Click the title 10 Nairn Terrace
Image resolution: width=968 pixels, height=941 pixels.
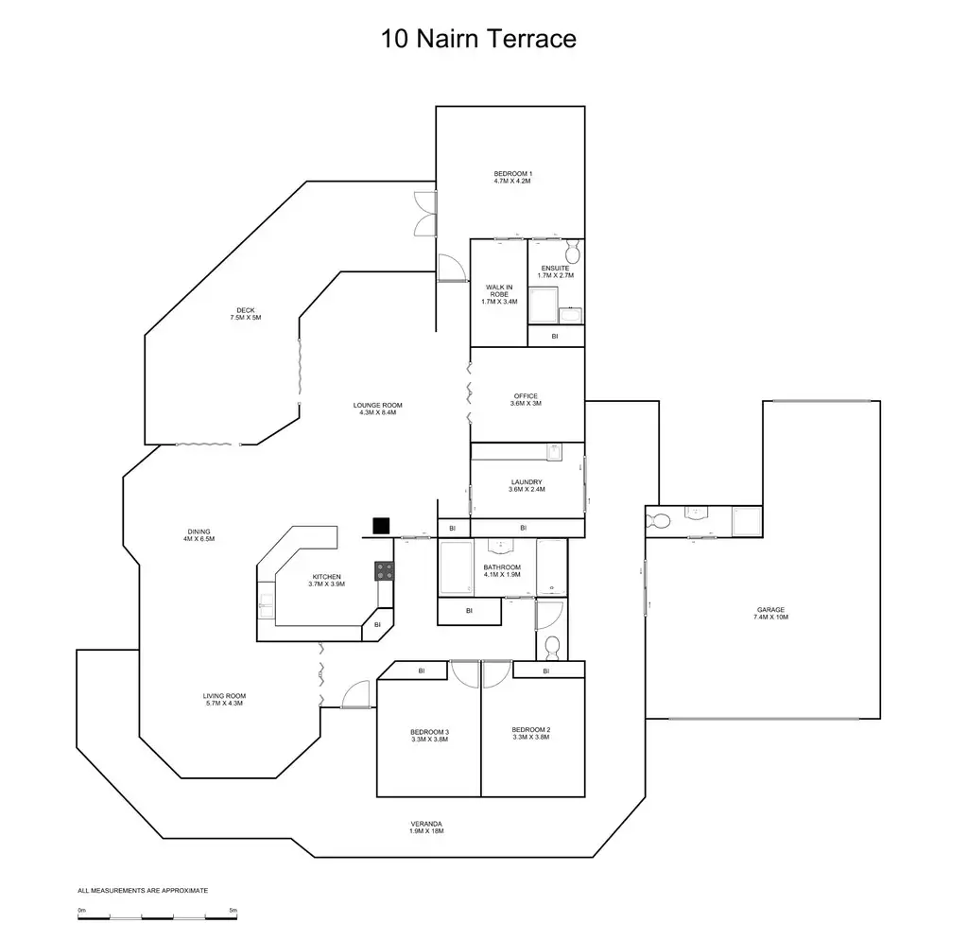(x=478, y=39)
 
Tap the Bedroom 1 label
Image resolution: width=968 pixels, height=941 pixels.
(x=512, y=177)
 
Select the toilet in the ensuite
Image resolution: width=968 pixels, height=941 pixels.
(x=572, y=253)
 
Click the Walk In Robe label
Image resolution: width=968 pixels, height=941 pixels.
(x=499, y=294)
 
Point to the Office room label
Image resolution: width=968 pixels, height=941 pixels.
(x=527, y=399)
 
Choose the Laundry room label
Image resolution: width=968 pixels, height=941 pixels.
(x=527, y=485)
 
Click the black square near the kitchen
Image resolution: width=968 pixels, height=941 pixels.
(x=382, y=526)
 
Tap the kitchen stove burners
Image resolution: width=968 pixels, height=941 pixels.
(x=386, y=570)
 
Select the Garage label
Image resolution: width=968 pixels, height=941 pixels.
(x=770, y=613)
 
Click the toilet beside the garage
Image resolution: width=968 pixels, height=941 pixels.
(x=661, y=519)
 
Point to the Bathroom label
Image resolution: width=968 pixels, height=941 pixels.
(x=502, y=570)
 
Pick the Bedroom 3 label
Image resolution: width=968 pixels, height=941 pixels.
(x=429, y=735)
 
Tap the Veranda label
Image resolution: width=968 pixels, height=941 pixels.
(x=426, y=828)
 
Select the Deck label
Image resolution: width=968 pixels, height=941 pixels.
(x=245, y=314)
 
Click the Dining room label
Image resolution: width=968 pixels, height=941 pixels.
(x=199, y=534)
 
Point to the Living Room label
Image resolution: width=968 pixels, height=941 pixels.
(x=225, y=699)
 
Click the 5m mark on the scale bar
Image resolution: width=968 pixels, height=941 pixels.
(x=233, y=910)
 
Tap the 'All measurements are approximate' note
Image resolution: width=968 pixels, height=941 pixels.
(x=143, y=891)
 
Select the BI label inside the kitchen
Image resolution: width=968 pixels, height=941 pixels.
(x=377, y=624)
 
